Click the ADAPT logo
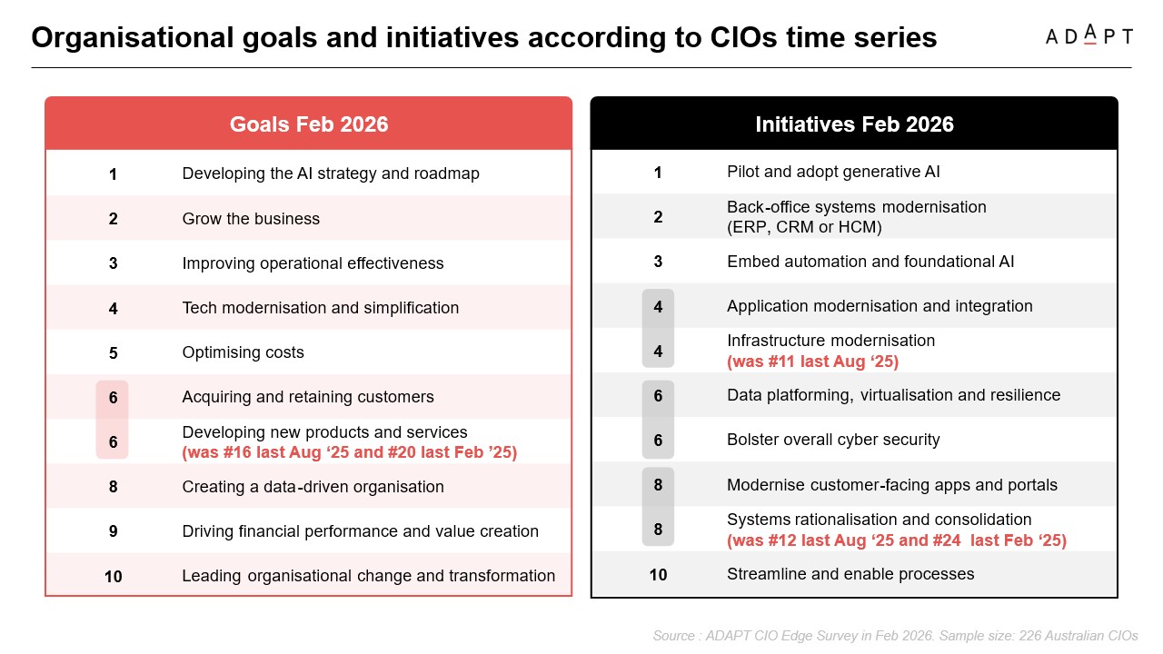[x=1088, y=36]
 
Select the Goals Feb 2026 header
[x=309, y=124]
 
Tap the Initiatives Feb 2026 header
[x=854, y=124]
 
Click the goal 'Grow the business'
[x=251, y=219]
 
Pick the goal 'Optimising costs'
[x=243, y=352]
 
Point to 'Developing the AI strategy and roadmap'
[x=331, y=173]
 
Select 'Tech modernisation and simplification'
[x=321, y=308]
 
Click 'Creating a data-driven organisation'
[x=313, y=487]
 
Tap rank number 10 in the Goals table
[x=113, y=576]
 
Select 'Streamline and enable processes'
[x=850, y=574]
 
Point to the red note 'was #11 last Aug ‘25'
[x=812, y=362]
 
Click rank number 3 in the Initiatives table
[x=658, y=262]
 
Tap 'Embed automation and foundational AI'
[x=870, y=262]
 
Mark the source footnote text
[x=895, y=636]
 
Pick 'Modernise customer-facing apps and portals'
[x=892, y=485]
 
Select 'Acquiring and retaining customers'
[x=308, y=397]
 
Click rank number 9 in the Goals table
[x=113, y=531]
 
